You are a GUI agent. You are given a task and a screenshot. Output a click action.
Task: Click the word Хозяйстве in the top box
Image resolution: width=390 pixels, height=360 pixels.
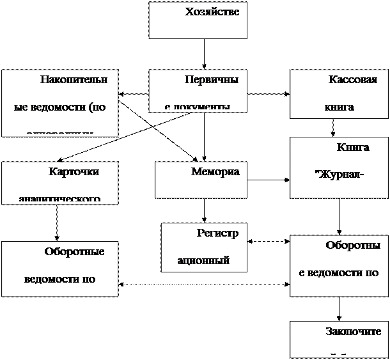(x=212, y=12)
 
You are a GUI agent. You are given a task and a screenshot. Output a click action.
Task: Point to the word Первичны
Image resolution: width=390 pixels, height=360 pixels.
(x=211, y=81)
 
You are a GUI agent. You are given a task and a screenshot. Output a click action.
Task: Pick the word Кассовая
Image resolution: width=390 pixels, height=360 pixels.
(x=352, y=81)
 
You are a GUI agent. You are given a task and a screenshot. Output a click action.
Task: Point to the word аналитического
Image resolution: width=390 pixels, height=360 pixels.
(x=59, y=199)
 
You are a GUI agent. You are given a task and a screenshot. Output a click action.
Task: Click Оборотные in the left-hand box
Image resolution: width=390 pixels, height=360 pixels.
(x=74, y=252)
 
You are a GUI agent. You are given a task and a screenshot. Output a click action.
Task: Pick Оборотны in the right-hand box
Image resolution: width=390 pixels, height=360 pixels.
(x=354, y=246)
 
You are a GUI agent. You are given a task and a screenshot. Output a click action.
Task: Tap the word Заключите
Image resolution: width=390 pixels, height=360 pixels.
(x=354, y=331)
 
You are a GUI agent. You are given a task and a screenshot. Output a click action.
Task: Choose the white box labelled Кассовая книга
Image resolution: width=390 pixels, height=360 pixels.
(x=339, y=94)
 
